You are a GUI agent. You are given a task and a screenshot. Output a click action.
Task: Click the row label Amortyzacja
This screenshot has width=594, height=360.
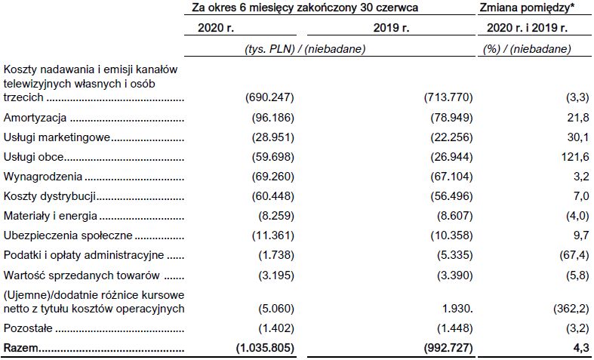pyautogui.click(x=36, y=118)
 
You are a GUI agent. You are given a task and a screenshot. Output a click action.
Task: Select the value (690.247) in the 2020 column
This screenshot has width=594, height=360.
pyautogui.click(x=269, y=99)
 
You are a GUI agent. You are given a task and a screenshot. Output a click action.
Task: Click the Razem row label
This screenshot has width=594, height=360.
pyautogui.click(x=21, y=348)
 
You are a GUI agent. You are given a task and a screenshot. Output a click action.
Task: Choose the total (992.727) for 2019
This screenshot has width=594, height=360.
pyautogui.click(x=449, y=348)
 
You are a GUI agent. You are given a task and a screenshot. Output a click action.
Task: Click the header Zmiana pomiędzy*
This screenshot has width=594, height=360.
pyautogui.click(x=526, y=8)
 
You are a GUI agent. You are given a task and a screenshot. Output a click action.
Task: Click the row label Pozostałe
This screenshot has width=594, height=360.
pyautogui.click(x=29, y=329)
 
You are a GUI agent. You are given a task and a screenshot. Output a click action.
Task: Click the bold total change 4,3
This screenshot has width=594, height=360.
pyautogui.click(x=582, y=348)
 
